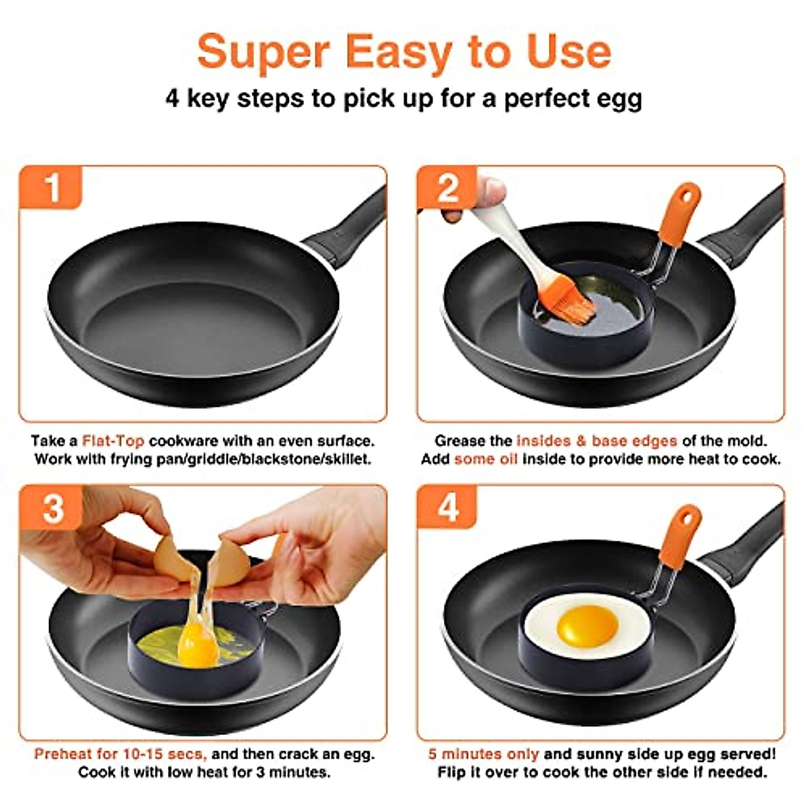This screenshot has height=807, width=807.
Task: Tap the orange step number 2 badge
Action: click(x=447, y=188)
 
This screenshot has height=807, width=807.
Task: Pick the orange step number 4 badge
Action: click(x=447, y=508)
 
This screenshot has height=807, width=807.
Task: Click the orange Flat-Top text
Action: click(x=112, y=441)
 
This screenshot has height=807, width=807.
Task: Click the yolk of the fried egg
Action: click(x=586, y=624)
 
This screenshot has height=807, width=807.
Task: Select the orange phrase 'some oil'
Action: click(x=486, y=459)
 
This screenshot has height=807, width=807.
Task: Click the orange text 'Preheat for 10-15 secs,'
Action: click(x=120, y=754)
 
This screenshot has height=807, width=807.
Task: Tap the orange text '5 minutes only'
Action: click(x=484, y=754)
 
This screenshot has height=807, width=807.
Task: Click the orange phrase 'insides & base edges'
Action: click(x=597, y=441)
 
